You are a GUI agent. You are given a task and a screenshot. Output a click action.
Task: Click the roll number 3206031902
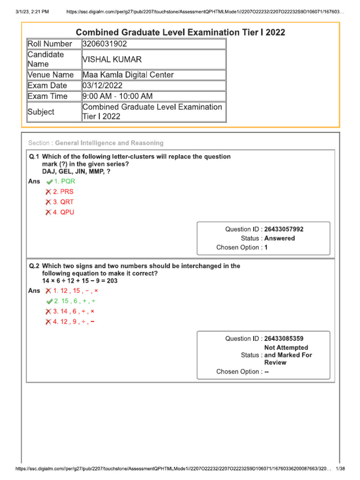pyautogui.click(x=104, y=44)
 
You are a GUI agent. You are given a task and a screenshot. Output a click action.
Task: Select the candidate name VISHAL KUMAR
pyautogui.click(x=112, y=60)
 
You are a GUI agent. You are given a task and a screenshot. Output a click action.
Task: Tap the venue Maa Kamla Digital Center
pyautogui.click(x=128, y=75)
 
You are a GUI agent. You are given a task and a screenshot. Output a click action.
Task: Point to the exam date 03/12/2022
pyautogui.click(x=102, y=86)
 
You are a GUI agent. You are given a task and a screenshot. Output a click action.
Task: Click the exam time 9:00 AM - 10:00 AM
pyautogui.click(x=118, y=97)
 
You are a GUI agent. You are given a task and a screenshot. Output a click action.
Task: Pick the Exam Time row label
pyautogui.click(x=47, y=97)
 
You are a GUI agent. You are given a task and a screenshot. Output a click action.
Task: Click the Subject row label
pyautogui.click(x=41, y=112)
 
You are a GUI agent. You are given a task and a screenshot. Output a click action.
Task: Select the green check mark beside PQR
pyautogui.click(x=50, y=181)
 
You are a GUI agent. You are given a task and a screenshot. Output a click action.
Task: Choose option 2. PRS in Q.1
pyautogui.click(x=63, y=192)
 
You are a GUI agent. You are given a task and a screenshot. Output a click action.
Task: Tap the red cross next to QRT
pyautogui.click(x=48, y=202)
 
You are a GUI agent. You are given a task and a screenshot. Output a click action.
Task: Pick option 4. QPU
pyautogui.click(x=63, y=212)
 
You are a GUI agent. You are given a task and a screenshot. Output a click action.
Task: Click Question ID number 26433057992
pyautogui.click(x=284, y=229)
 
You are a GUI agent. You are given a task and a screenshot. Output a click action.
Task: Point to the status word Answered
pyautogui.click(x=279, y=238)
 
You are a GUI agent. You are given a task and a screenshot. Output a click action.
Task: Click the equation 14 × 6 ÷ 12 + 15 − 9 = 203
pyautogui.click(x=80, y=281)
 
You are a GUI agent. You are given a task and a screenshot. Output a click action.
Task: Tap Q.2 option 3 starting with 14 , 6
pyautogui.click(x=74, y=311)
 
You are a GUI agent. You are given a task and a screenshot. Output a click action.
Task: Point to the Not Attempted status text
pyautogui.click(x=286, y=348)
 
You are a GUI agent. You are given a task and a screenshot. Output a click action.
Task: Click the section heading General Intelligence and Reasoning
pyautogui.click(x=109, y=143)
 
